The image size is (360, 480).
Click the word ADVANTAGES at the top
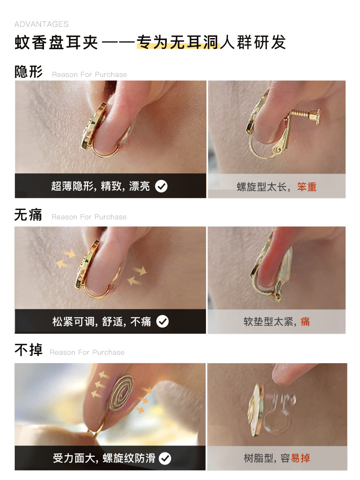tap(41, 24)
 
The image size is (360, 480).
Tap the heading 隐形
tap(28, 72)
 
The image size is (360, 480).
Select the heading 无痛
tap(28, 215)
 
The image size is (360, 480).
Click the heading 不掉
tap(28, 350)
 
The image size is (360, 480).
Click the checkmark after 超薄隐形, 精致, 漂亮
tap(161, 186)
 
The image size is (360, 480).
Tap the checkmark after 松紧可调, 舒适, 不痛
tap(162, 322)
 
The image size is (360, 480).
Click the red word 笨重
tap(307, 187)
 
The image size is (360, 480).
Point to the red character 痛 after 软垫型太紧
tap(305, 322)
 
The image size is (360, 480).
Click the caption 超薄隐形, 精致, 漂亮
tap(100, 186)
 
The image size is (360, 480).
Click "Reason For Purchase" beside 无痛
tap(89, 217)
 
